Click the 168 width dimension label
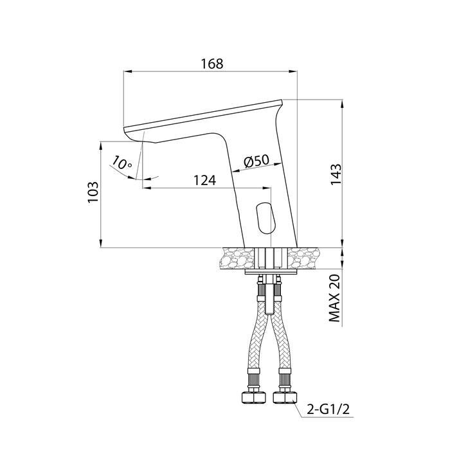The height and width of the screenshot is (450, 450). [x=212, y=64]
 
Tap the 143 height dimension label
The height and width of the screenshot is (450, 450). [x=336, y=174]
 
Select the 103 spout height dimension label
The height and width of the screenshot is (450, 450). [x=93, y=192]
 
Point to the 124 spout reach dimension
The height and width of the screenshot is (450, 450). [x=204, y=181]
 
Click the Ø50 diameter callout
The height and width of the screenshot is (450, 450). [x=256, y=162]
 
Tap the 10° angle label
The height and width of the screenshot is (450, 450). [x=122, y=163]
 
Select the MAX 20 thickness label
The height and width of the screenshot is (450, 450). [x=334, y=298]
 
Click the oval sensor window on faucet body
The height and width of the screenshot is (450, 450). [x=265, y=217]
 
